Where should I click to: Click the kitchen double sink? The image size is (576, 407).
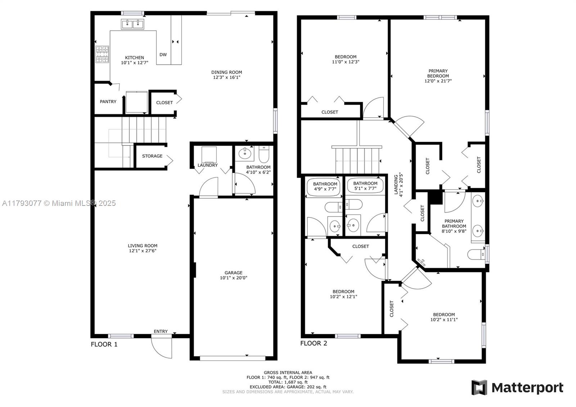point(132,24)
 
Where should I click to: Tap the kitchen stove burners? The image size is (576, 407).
point(102,54)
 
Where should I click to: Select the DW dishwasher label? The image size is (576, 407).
point(163,54)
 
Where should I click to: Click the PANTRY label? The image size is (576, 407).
point(108,101)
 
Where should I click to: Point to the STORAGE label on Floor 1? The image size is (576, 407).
point(152,156)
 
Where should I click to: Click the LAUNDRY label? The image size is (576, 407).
point(207,165)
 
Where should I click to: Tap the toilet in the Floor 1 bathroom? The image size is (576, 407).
point(264,154)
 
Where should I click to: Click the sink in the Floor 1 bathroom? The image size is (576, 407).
point(244,154)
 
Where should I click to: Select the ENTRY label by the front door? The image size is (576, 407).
point(161,331)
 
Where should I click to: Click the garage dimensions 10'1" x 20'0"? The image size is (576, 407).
point(234,278)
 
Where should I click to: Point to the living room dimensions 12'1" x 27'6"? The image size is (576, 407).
point(143,251)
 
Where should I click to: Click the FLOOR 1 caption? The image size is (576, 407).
point(104,344)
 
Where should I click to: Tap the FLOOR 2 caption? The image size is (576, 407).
point(314,343)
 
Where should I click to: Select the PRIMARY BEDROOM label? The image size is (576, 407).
point(438,73)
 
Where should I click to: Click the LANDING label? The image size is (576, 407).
point(396,184)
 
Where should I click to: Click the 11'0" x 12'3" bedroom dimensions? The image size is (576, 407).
point(346,62)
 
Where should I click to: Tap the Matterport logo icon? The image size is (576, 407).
point(479,388)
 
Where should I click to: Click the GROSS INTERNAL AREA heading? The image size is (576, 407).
point(288,372)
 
